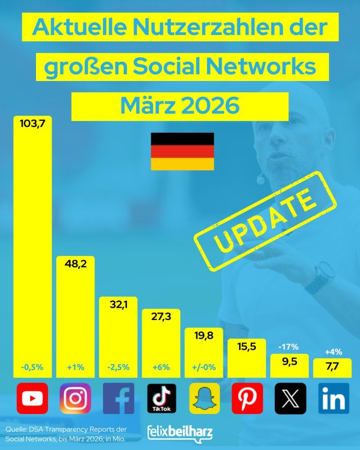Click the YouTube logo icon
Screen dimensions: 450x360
[32, 398]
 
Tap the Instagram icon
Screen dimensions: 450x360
[75, 398]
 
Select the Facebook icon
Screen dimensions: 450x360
[118, 398]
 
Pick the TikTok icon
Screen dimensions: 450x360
[162, 398]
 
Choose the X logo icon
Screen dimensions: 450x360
[291, 398]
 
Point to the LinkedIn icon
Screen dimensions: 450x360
[333, 398]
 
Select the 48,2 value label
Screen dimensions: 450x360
[75, 263]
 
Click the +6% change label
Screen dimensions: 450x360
[162, 367]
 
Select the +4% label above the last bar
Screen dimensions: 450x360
[333, 351]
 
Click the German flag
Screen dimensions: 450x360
[182, 151]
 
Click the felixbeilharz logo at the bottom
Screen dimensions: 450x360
[180, 433]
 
